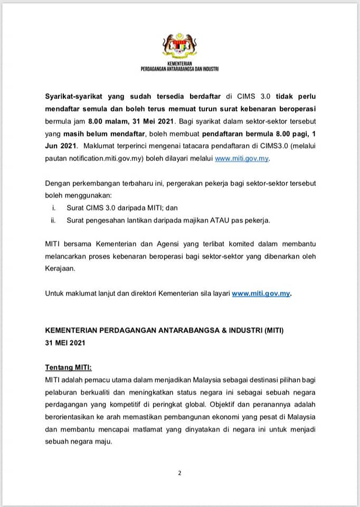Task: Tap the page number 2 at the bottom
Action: click(x=179, y=473)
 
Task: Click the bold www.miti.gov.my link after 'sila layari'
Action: click(x=261, y=294)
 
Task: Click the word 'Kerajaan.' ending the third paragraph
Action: click(x=61, y=268)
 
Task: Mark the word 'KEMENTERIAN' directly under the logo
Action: click(x=180, y=63)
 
